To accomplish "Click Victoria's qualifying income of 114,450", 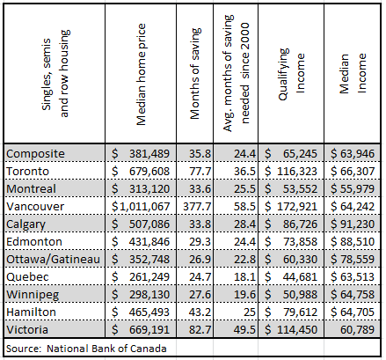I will point(293,331).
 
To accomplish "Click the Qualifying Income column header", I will point(293,75).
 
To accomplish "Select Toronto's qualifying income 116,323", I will point(293,171).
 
